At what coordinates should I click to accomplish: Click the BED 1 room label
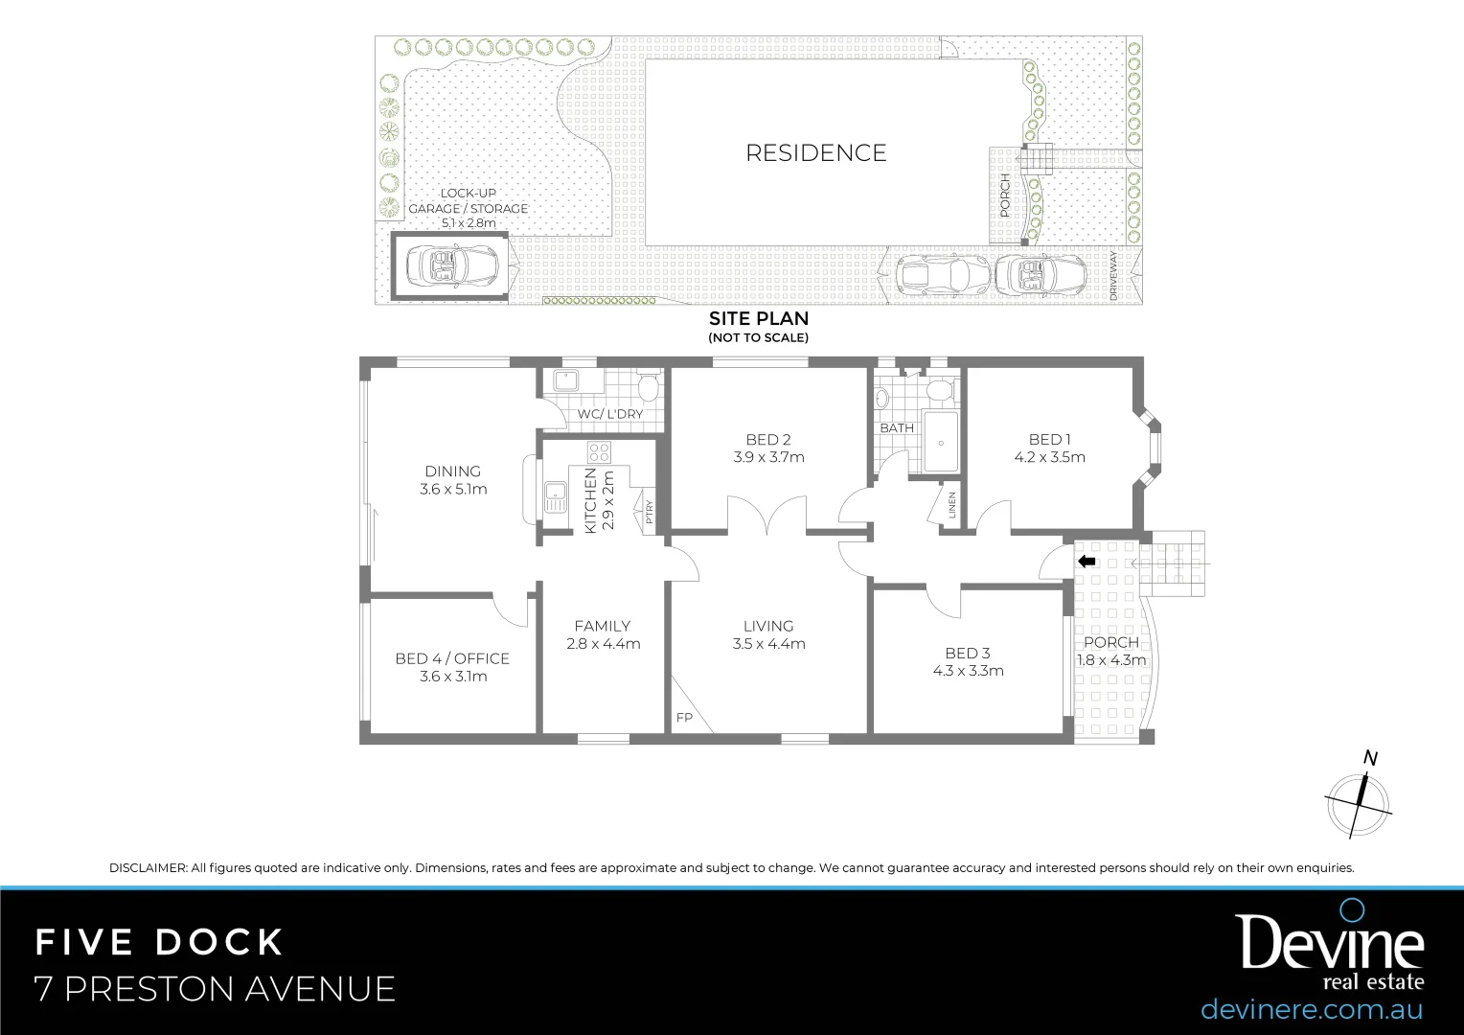pos(1049,439)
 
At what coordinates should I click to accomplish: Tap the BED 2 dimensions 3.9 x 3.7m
pos(768,457)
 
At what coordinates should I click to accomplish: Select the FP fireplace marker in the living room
pos(684,718)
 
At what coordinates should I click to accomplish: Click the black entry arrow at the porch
pos(1087,562)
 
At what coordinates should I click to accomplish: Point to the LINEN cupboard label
pos(951,505)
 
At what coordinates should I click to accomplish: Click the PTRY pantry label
pos(649,513)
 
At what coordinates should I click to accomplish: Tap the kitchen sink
pos(556,497)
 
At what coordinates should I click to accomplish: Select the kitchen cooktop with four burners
pos(600,451)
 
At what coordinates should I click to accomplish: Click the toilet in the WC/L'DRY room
pos(649,387)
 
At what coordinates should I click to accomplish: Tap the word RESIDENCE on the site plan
pos(816,152)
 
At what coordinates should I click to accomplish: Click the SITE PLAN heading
pos(758,318)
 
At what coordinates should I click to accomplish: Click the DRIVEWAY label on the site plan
pos(1113,276)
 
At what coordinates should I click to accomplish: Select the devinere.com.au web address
pos(1311,1009)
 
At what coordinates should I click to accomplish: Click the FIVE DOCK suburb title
pos(160,942)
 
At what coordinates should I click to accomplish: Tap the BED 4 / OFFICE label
pos(452,658)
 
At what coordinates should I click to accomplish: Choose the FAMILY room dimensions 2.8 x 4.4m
pos(603,644)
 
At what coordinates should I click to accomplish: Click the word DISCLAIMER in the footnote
pos(149,868)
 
